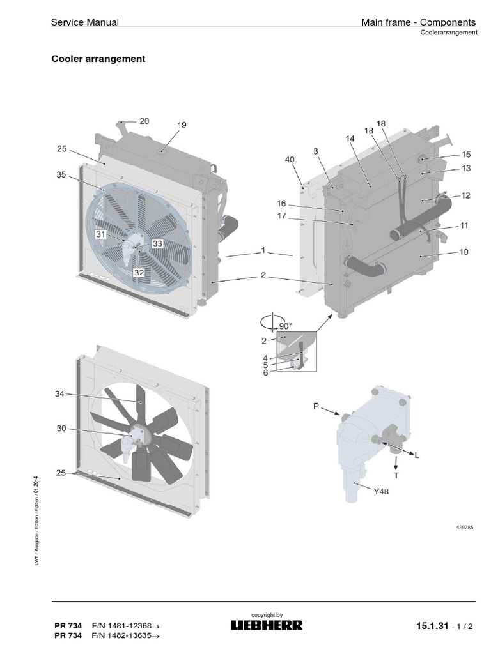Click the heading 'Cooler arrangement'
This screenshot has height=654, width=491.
click(98, 59)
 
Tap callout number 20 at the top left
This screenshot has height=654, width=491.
click(144, 121)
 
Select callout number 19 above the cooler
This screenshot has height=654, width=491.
click(182, 126)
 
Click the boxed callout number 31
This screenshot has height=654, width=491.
click(101, 234)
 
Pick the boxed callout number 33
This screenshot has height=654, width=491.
click(157, 243)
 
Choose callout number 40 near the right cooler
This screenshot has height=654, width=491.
click(290, 159)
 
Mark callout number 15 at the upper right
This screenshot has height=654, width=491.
click(465, 155)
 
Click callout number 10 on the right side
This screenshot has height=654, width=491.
click(464, 252)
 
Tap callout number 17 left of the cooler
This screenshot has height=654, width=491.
click(281, 216)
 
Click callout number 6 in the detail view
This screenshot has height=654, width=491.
click(265, 372)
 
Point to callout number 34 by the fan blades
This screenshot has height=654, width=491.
click(60, 394)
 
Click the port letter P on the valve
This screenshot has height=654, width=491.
click(316, 405)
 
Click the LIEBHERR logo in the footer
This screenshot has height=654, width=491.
click(267, 625)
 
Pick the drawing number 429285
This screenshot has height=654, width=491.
click(465, 528)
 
